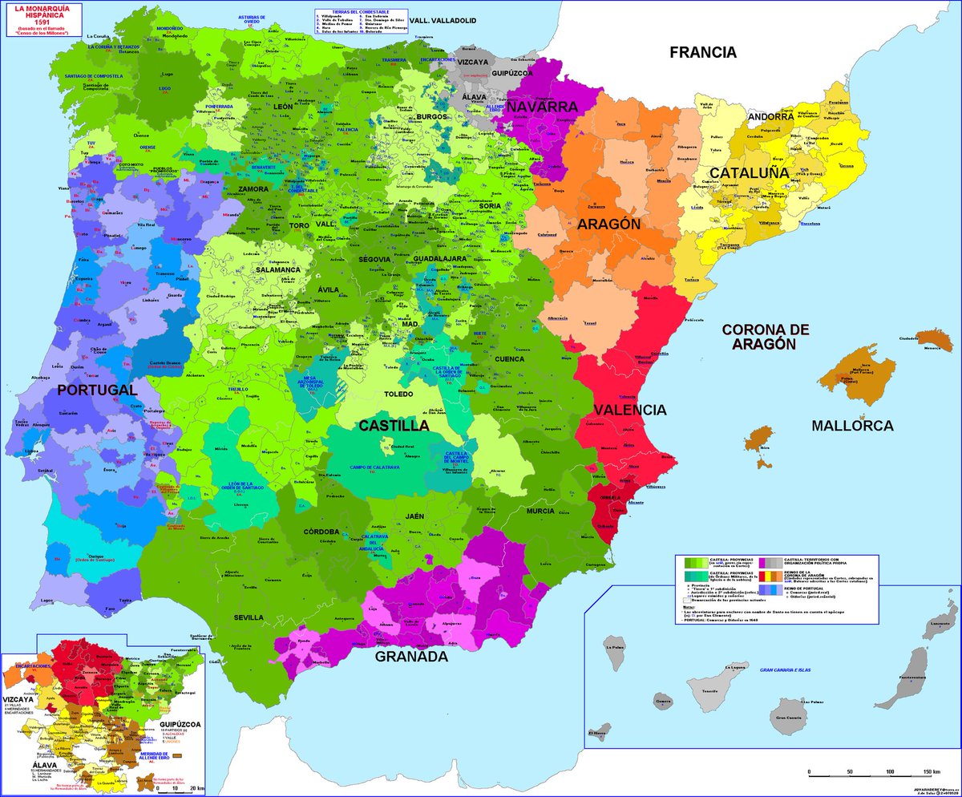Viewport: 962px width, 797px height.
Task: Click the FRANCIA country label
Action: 703,53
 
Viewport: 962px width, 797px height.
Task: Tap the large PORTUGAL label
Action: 97,390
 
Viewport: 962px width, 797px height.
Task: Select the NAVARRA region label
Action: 543,107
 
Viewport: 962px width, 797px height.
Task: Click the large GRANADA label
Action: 411,657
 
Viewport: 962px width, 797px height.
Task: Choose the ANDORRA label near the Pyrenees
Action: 770,117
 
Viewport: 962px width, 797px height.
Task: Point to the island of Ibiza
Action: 759,439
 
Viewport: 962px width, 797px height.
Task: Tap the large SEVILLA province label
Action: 249,617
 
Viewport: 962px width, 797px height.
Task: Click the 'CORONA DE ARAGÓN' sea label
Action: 766,336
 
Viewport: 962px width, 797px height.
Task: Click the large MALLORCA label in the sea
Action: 852,426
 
